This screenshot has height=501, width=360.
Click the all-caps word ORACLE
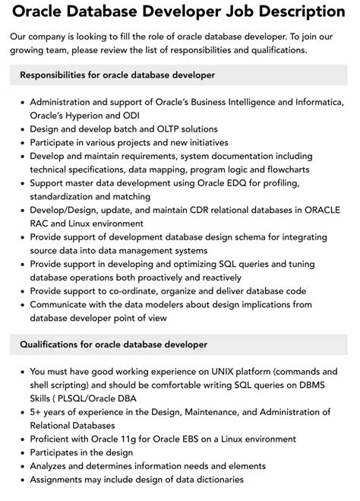[322, 211]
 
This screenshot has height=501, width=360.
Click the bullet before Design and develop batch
[24, 129]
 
